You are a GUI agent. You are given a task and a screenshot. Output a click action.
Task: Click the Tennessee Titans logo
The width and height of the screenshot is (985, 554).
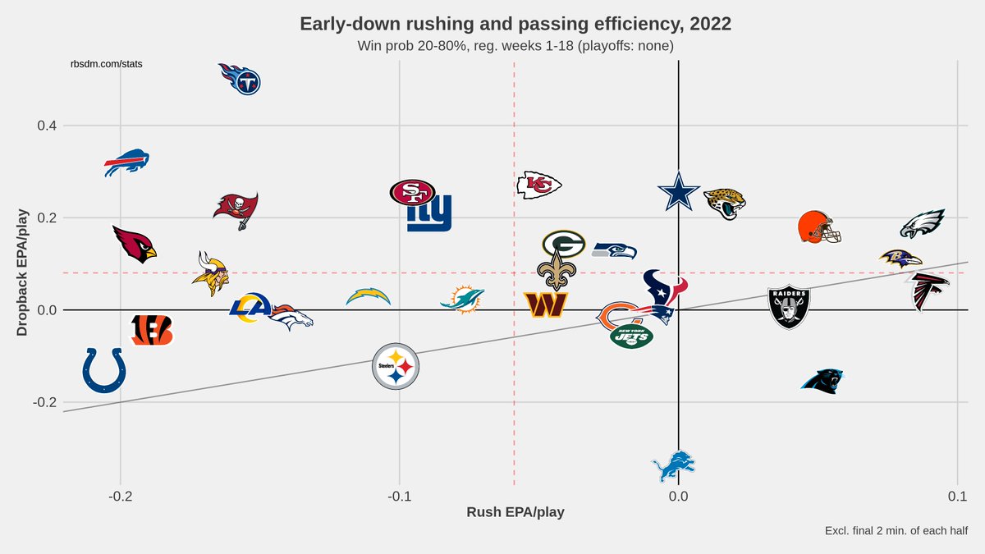[x=239, y=79]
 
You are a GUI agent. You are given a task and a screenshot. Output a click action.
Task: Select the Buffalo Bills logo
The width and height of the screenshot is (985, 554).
[x=126, y=163]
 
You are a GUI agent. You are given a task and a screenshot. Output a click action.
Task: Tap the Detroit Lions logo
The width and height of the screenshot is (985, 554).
[x=673, y=466]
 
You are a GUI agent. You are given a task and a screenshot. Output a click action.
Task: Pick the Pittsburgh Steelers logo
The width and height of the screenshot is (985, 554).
[x=396, y=366]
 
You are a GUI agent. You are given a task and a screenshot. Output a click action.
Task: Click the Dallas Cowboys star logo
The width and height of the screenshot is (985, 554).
[x=679, y=192]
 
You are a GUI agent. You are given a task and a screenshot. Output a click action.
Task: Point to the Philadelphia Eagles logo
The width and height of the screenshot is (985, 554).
[x=923, y=224]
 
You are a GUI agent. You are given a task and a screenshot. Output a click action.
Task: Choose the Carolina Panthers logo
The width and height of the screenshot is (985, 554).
[x=822, y=381]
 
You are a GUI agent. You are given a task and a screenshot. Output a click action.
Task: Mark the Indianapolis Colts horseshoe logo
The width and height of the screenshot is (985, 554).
[x=104, y=370]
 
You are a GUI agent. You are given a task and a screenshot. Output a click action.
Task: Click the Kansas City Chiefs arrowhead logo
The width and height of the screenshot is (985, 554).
[x=538, y=185]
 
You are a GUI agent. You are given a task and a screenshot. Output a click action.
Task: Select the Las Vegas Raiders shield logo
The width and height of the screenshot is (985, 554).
[x=789, y=307]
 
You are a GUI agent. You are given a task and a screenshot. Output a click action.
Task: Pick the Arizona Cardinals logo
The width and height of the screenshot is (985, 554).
[x=134, y=244]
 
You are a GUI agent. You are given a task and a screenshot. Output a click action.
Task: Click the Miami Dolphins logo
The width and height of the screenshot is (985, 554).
[x=462, y=299]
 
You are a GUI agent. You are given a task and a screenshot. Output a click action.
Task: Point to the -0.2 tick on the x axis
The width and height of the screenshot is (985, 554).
[x=121, y=497]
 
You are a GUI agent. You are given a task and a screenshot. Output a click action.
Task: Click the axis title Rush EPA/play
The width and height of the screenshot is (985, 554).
[x=515, y=512]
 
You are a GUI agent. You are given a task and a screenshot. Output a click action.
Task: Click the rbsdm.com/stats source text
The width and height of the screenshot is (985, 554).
[x=107, y=64]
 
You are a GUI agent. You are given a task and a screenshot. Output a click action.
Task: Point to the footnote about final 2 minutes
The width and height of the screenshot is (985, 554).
[x=896, y=531]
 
